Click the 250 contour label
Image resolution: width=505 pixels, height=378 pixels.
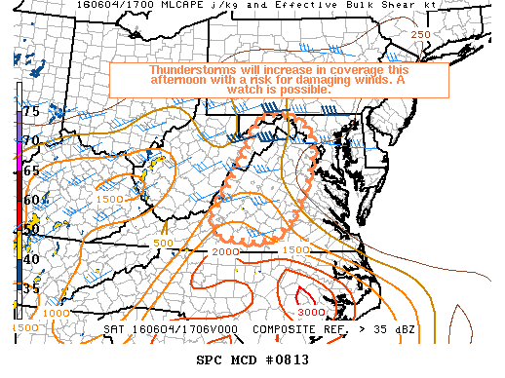click(x=419, y=35)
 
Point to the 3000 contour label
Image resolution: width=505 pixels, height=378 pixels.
click(x=311, y=311)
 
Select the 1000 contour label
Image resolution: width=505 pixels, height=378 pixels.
click(x=57, y=313)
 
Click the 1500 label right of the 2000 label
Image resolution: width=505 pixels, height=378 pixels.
click(x=294, y=250)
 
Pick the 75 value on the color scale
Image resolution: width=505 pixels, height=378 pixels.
click(x=31, y=112)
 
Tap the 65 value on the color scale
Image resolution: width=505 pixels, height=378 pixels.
click(x=31, y=170)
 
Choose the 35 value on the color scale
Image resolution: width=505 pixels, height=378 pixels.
click(x=31, y=289)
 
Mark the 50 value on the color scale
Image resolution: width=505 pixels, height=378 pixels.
click(x=31, y=230)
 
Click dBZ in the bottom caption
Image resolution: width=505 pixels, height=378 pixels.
click(x=403, y=329)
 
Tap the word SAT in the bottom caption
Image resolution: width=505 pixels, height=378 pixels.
click(x=115, y=329)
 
